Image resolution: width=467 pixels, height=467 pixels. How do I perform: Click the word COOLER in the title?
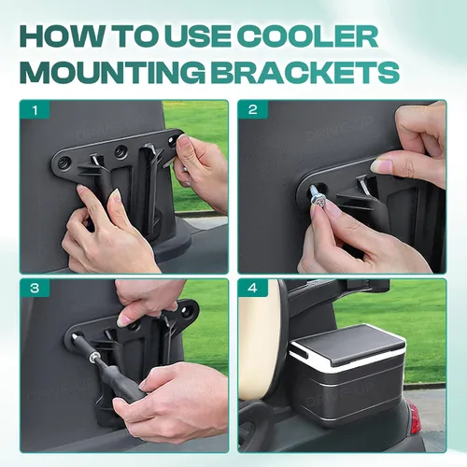click(x=309, y=36)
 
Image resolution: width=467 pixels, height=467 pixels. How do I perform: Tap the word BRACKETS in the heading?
click(x=306, y=72)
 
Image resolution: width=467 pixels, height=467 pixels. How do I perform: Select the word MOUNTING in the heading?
click(x=112, y=72)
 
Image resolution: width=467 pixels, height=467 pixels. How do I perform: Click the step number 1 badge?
click(x=35, y=110)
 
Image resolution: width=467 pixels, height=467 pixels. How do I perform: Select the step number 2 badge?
click(x=253, y=110)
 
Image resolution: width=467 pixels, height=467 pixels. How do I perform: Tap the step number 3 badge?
click(x=35, y=289)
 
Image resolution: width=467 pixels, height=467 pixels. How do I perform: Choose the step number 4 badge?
click(x=253, y=289)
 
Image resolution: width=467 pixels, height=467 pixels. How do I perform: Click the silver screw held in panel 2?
click(x=318, y=198)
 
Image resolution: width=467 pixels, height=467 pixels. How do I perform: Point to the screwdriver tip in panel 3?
click(x=75, y=337)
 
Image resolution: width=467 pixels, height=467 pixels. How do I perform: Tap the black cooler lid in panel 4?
click(x=347, y=344)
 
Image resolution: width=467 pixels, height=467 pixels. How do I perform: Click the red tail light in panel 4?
click(x=415, y=417)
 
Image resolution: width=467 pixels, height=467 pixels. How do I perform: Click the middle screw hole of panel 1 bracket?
click(x=120, y=151)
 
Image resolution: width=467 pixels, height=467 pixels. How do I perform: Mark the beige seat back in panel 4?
click(x=261, y=338)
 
